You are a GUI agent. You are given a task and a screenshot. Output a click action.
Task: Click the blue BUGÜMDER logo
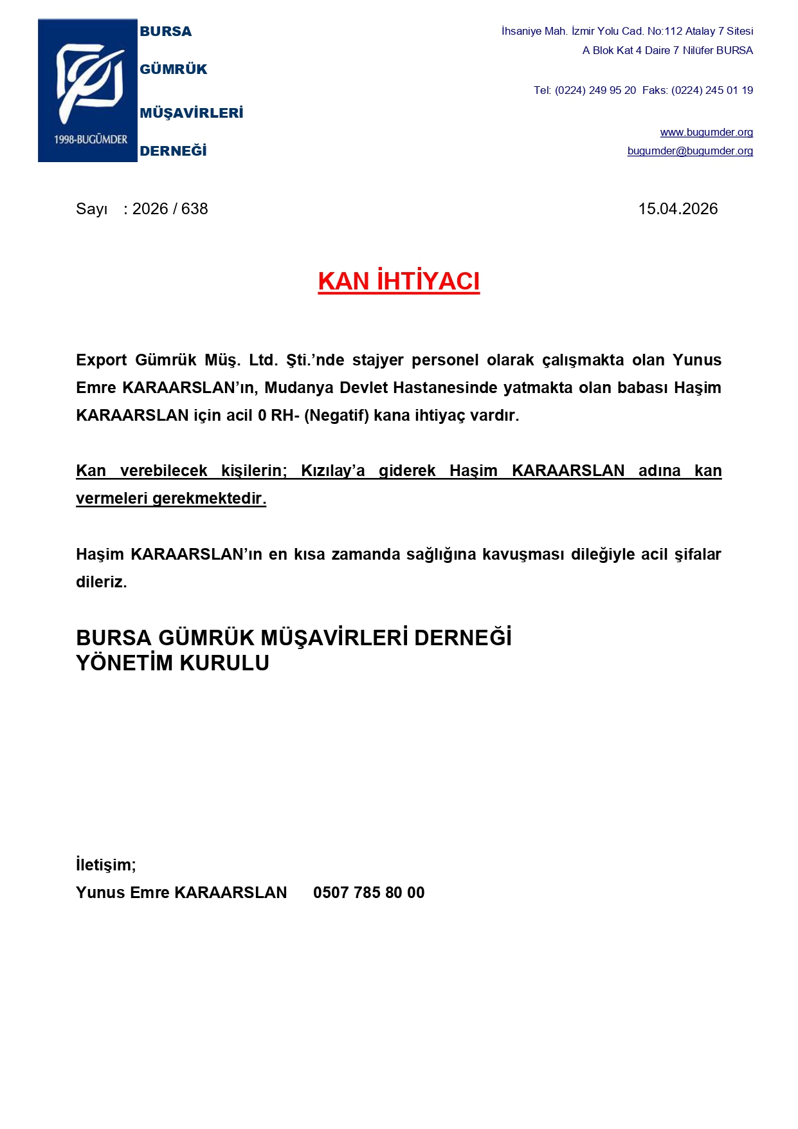[x=87, y=90]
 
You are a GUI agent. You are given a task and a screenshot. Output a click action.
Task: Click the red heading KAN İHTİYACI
[x=399, y=282]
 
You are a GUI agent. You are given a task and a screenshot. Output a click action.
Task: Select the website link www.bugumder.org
[x=706, y=133]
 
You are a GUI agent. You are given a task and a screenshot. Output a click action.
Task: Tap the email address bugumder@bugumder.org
[x=690, y=151]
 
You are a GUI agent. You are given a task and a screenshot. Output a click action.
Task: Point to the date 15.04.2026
[x=678, y=209]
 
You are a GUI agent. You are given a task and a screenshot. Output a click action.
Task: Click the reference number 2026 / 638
[x=170, y=209]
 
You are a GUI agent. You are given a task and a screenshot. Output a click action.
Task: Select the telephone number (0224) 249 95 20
[x=595, y=91]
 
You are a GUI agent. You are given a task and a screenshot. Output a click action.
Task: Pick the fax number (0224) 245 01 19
[x=712, y=91]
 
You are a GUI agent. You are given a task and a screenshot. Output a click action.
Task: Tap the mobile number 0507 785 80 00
[x=368, y=893]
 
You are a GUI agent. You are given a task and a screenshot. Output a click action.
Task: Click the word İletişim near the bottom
[x=105, y=865]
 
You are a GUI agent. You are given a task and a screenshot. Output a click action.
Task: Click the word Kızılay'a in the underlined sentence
[x=332, y=471]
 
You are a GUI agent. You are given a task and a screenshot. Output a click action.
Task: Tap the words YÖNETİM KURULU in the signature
[x=172, y=663]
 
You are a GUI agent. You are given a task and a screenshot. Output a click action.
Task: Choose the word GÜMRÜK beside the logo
[x=174, y=69]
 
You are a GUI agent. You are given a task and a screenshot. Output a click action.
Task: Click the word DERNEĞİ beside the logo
[x=173, y=151]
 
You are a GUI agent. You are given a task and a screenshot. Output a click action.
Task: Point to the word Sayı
[x=91, y=209]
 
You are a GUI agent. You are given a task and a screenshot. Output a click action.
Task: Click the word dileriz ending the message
[x=101, y=582]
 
